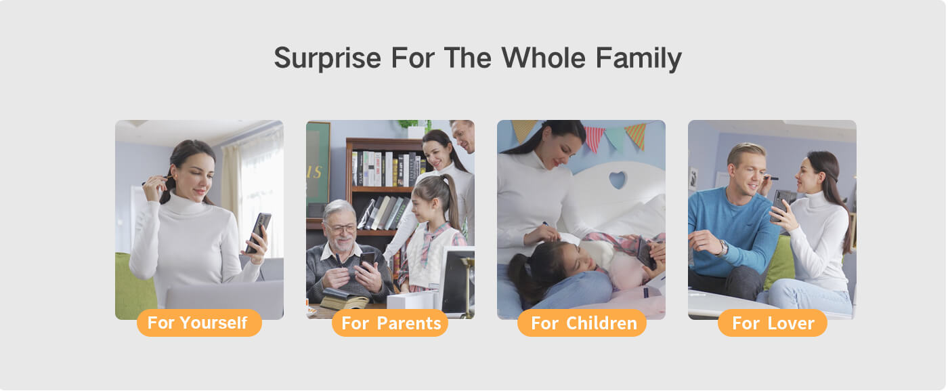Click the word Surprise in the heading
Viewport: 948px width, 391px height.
coord(327,58)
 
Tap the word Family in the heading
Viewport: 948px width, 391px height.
coord(639,58)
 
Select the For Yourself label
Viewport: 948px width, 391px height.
coord(199,323)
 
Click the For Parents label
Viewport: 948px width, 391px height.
coord(390,323)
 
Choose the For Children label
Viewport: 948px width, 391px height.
coord(582,323)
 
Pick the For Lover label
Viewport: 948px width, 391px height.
coord(773,323)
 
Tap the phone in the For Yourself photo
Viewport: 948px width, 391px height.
coord(259,232)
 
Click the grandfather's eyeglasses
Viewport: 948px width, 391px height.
coord(340,229)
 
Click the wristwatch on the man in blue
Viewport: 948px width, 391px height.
coord(723,247)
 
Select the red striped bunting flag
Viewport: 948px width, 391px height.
coord(595,137)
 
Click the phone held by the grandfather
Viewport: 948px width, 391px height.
coord(367,260)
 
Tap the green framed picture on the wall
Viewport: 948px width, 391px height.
coord(318,163)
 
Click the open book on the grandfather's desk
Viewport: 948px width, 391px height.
coord(344,299)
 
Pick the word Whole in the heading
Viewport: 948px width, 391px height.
coord(543,58)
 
